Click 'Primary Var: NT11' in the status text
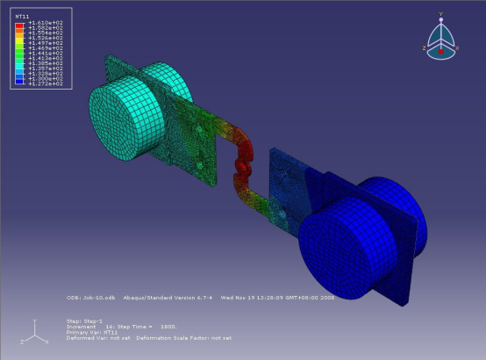click(92, 331)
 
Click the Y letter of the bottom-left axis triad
click(33, 321)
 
